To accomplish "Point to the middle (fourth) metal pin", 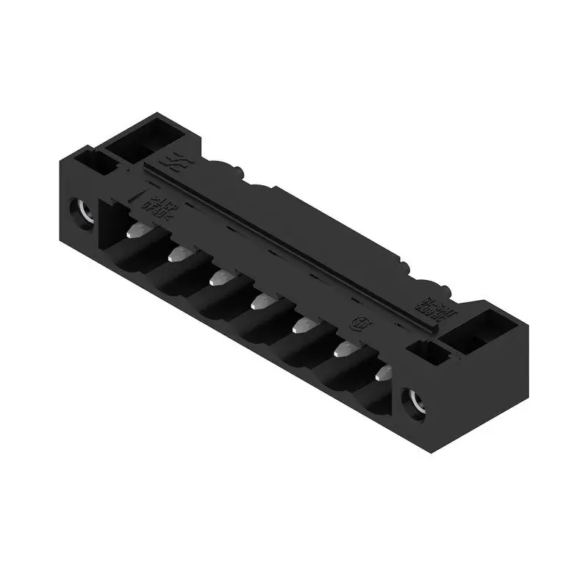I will [x=261, y=301].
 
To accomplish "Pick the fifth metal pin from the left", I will [x=302, y=324].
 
